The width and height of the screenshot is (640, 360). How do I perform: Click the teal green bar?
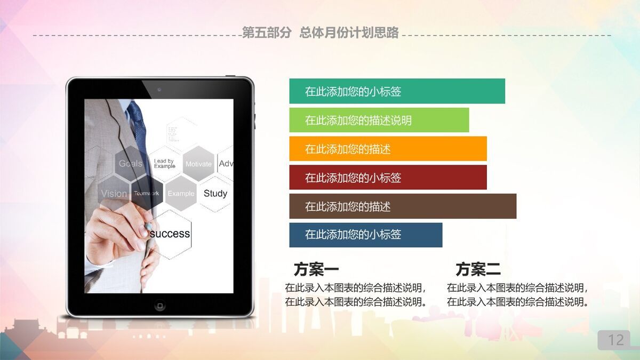pos(397,91)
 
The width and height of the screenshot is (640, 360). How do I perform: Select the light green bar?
pos(379,120)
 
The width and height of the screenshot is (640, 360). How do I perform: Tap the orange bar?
pos(388,149)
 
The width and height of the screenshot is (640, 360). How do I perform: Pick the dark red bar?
pos(388,178)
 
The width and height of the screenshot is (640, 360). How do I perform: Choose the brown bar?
pos(403,206)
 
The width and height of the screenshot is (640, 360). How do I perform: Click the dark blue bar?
pos(365,235)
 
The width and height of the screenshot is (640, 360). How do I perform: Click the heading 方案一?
pos(316,269)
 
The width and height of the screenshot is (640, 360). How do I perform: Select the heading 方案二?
pos(478,269)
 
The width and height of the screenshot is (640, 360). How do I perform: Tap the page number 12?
pos(616,340)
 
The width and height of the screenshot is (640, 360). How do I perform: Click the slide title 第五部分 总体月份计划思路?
pos(320,33)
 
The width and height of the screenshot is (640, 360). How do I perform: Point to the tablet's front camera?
pos(159,89)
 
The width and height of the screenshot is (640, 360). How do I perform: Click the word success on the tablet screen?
pos(170,234)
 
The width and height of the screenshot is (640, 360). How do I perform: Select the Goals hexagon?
pos(130,163)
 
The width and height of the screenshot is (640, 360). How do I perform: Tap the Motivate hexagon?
pos(198,164)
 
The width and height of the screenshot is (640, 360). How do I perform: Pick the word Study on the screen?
pos(215,194)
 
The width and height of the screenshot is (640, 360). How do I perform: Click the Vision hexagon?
pos(114,194)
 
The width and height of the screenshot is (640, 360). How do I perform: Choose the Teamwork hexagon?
pos(147,193)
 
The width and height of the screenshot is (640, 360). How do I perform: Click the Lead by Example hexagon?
pos(164,163)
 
